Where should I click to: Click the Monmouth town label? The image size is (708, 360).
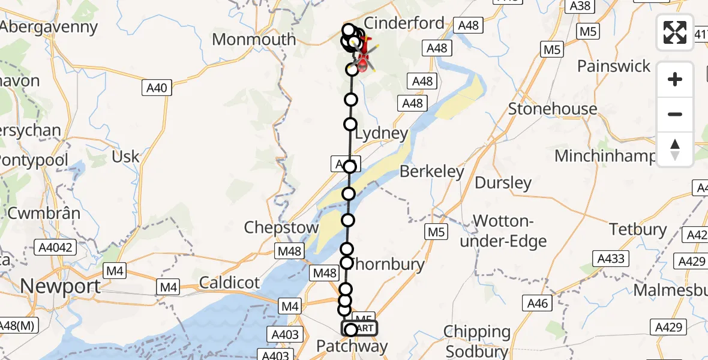(254, 40)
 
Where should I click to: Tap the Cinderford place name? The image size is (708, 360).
(404, 23)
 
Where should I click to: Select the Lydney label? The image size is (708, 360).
(382, 133)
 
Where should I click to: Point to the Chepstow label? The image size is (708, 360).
(281, 227)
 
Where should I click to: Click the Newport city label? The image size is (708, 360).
(61, 286)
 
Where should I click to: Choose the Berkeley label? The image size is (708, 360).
(432, 172)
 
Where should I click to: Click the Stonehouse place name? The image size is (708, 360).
(553, 109)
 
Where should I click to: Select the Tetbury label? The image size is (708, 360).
(638, 229)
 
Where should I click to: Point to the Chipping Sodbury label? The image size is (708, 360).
(478, 340)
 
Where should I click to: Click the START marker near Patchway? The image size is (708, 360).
(360, 328)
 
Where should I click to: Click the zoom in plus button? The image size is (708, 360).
(675, 79)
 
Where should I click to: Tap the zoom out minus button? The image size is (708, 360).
(675, 114)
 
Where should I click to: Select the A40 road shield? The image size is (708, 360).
(157, 88)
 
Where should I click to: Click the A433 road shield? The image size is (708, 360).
(611, 259)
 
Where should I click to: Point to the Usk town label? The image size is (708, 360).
(125, 157)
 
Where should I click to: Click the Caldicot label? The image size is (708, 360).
(230, 282)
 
